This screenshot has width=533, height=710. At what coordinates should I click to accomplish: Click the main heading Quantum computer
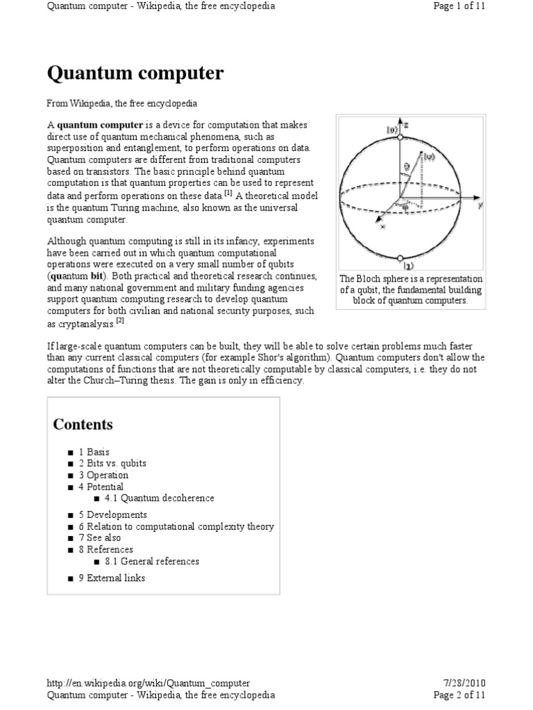135,73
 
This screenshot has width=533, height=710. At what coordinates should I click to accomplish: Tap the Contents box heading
83,424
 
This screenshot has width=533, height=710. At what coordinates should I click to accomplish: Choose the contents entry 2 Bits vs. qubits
112,463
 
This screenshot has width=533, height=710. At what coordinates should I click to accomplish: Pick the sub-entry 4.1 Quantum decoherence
159,498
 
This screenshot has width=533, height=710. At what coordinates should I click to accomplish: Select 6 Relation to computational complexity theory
176,526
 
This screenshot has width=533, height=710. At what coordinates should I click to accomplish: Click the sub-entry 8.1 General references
151,561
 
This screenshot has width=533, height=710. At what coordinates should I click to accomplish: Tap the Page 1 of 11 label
459,6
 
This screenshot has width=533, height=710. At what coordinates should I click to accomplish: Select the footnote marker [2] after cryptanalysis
120,321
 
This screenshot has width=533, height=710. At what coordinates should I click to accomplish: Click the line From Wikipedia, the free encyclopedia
122,103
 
